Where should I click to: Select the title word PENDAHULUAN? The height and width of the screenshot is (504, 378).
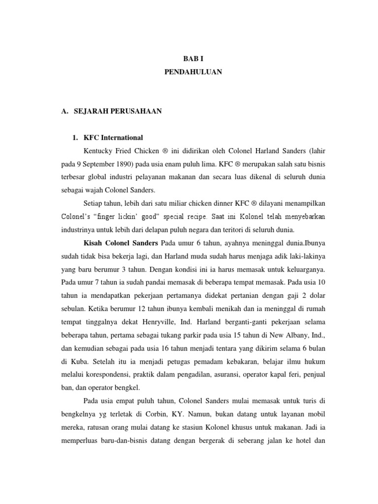pyautogui.click(x=192, y=72)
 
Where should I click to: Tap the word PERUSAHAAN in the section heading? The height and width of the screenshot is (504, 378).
pyautogui.click(x=134, y=112)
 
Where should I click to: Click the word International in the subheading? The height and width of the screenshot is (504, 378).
pyautogui.click(x=122, y=138)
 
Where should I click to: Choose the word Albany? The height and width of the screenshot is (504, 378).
pyautogui.click(x=293, y=335)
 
